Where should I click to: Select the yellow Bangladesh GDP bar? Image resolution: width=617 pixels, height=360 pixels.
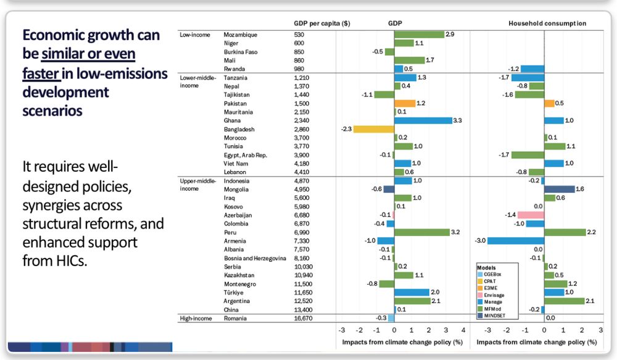tap(373, 129)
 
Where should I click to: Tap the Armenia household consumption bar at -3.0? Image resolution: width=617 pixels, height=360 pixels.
tap(516, 241)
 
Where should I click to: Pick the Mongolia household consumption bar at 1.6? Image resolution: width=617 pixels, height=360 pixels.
tap(559, 189)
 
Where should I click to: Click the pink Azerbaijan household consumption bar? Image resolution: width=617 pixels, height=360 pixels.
tap(530, 215)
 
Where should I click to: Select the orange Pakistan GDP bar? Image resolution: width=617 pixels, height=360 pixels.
tap(405, 103)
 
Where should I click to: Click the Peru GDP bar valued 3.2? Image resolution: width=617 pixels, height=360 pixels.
tap(422, 232)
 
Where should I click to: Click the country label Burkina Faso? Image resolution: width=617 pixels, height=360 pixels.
tap(241, 52)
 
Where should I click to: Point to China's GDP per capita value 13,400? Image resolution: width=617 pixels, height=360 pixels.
tap(305, 309)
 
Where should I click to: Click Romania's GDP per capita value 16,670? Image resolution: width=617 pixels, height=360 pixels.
tap(305, 319)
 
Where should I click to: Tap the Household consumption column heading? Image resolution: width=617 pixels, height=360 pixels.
tap(547, 23)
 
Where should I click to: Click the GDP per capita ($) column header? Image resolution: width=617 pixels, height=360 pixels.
tap(322, 23)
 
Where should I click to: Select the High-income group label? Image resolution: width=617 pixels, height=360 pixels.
tap(195, 319)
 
